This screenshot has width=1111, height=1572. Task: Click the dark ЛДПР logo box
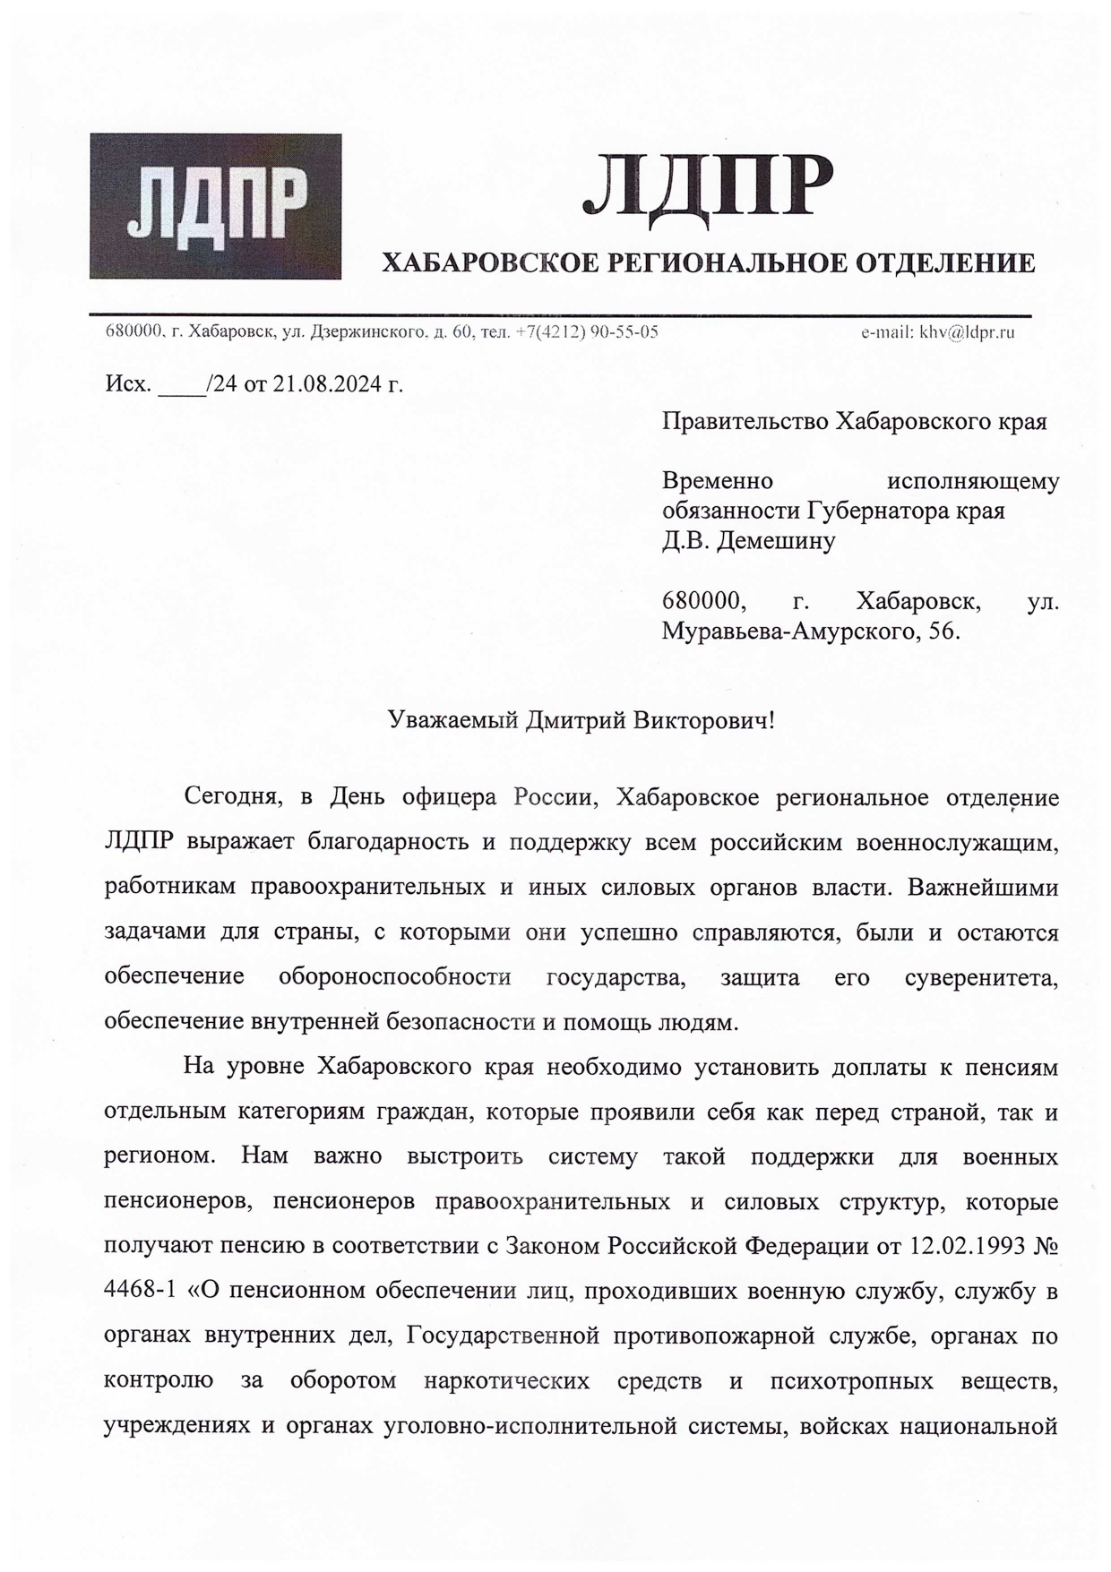(x=215, y=206)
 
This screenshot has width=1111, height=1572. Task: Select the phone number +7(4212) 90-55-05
(x=588, y=332)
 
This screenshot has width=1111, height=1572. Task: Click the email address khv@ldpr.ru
(x=963, y=332)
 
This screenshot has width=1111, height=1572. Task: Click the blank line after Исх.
(x=181, y=386)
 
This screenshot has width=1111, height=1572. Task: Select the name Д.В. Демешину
(x=748, y=540)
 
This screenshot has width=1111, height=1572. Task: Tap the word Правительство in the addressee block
(x=745, y=421)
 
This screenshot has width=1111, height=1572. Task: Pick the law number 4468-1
(x=139, y=1291)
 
